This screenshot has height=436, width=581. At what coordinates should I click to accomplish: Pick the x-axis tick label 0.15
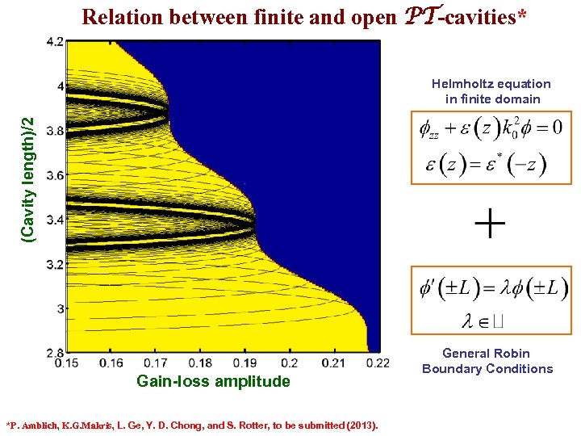[x=77, y=363]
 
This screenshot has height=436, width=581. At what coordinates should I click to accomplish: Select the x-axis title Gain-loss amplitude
[x=213, y=381]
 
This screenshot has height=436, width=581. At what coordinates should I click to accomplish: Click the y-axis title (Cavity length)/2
[x=28, y=178]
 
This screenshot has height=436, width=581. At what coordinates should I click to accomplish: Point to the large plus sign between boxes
[x=491, y=224]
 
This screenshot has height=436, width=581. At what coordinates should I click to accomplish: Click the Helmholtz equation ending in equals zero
[x=490, y=129]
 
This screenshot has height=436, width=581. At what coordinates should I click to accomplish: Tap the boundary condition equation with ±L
[x=493, y=287]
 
